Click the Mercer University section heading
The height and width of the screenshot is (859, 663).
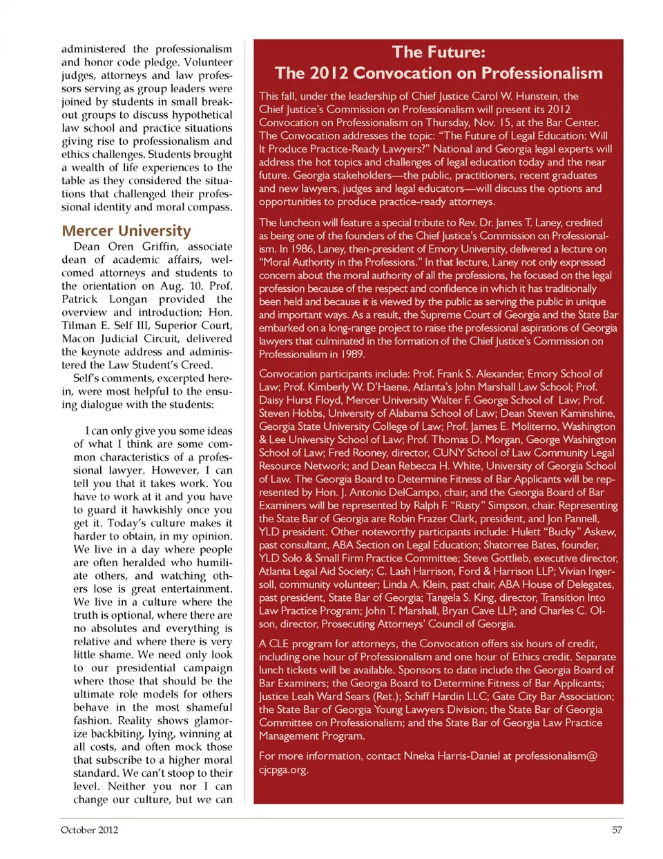click(x=126, y=230)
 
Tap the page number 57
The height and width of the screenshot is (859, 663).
click(x=617, y=830)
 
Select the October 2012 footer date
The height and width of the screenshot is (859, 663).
click(x=89, y=830)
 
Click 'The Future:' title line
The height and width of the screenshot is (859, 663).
click(x=439, y=52)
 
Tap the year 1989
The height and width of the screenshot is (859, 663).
click(x=352, y=354)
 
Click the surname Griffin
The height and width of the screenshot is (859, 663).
click(x=160, y=246)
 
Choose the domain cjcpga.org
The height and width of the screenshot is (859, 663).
click(x=283, y=769)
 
